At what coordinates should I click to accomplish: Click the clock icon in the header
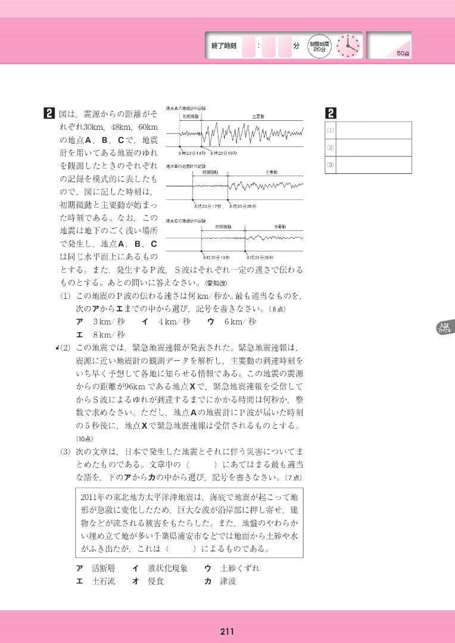pyautogui.click(x=348, y=46)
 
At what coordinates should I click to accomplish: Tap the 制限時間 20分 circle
pyautogui.click(x=319, y=46)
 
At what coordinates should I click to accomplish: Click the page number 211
pyautogui.click(x=227, y=632)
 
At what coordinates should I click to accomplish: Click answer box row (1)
pyautogui.click(x=368, y=130)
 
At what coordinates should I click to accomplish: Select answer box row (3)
pyautogui.click(x=368, y=164)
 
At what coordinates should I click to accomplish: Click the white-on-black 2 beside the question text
pyautogui.click(x=49, y=113)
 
